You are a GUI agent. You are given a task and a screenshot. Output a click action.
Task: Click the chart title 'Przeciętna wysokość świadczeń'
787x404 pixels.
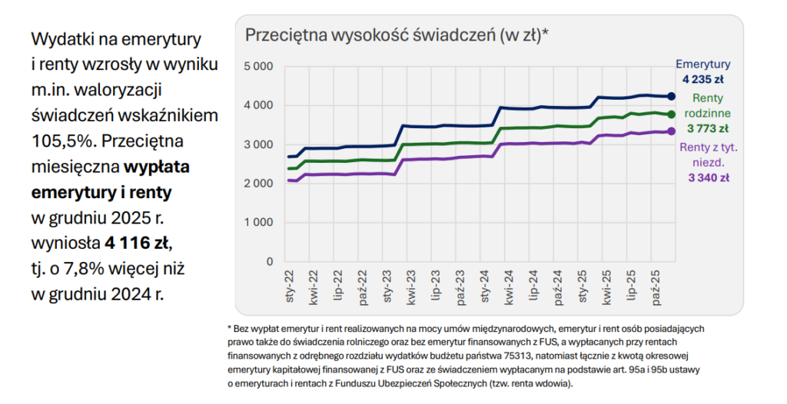click(x=397, y=35)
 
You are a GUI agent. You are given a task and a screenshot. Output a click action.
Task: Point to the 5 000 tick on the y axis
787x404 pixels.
click(x=258, y=66)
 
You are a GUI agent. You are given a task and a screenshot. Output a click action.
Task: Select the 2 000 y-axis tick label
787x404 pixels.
click(x=258, y=184)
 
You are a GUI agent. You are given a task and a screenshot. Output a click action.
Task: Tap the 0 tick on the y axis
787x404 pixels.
click(x=269, y=262)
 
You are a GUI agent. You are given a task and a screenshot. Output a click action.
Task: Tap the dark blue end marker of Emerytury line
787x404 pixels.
click(x=670, y=96)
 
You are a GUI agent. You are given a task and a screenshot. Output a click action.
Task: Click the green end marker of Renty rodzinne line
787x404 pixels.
click(x=670, y=114)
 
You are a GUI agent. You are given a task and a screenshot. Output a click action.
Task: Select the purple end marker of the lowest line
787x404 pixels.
click(x=670, y=131)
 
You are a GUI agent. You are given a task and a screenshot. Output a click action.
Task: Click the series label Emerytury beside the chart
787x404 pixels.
click(x=702, y=65)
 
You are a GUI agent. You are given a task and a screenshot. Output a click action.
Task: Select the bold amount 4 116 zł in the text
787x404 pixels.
click(x=137, y=244)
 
